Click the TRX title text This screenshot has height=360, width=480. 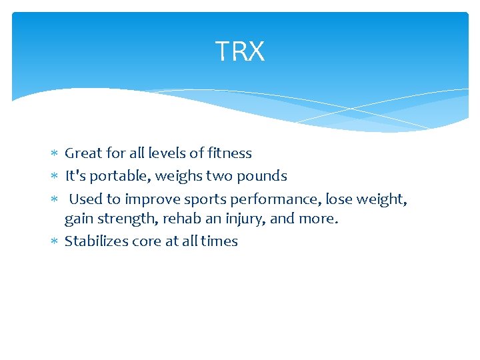click(x=240, y=51)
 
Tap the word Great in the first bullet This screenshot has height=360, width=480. click(x=83, y=153)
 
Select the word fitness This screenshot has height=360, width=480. click(x=229, y=153)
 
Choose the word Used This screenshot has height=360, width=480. click(x=85, y=199)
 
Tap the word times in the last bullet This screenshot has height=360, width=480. click(x=219, y=241)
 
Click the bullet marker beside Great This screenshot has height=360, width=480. click(x=55, y=154)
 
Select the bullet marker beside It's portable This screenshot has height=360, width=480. click(x=55, y=177)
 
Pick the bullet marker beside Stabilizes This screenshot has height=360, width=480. click(x=55, y=241)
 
